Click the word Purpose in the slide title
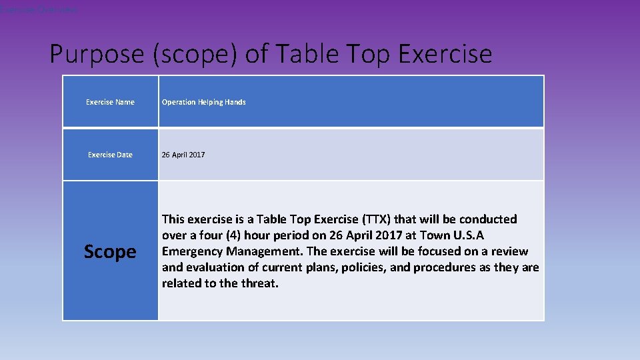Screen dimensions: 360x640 [x=97, y=54]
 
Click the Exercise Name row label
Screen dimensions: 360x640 [x=110, y=102]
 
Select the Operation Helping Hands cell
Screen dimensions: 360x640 [x=204, y=102]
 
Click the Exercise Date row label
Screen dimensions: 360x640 [x=110, y=155]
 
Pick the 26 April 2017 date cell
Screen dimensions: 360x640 [x=183, y=155]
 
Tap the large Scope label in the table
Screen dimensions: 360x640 [x=110, y=251]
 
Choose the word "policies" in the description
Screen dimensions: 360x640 [x=359, y=267]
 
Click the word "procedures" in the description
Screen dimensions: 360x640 [x=446, y=267]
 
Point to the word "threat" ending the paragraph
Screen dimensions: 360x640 [x=261, y=283]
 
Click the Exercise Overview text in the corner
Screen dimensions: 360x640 [x=38, y=10]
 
